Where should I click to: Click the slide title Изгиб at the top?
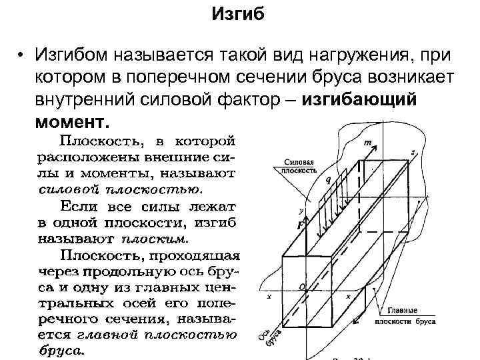[x=241, y=14]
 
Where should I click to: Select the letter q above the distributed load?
[x=327, y=179]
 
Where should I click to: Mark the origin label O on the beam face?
[x=301, y=286]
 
